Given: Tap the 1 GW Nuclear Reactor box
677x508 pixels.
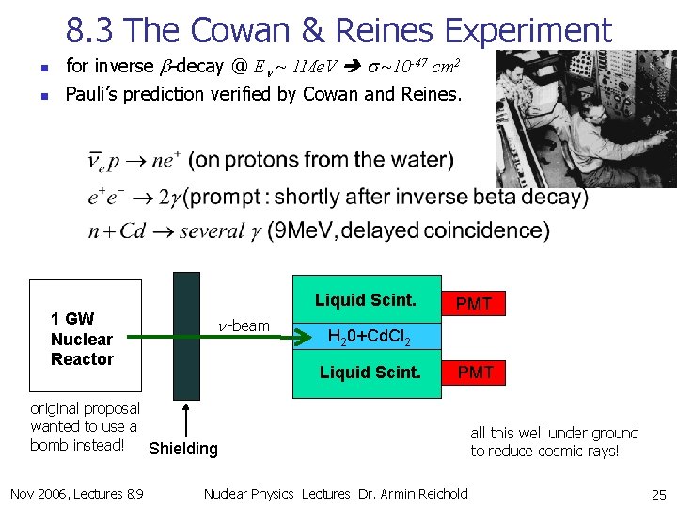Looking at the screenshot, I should tap(86, 334).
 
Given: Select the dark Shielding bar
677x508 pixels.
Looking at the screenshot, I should tap(186, 334).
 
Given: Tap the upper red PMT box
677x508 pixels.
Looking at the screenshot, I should tap(474, 303).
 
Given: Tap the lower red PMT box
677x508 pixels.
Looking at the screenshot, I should tap(474, 373).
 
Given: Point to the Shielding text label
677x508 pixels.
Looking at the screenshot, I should tap(183, 449).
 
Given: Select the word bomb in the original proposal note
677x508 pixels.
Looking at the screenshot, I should tap(48, 445).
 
